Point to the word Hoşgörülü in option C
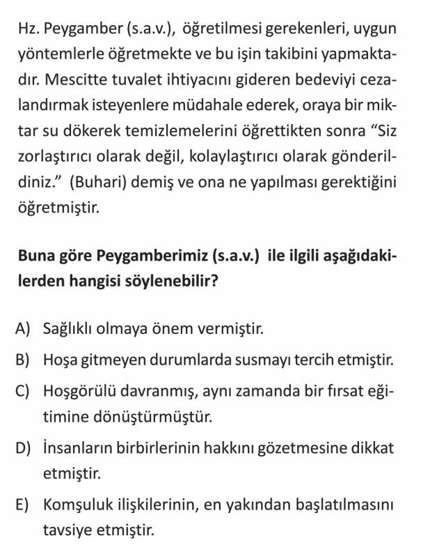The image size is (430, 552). [x=78, y=390]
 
